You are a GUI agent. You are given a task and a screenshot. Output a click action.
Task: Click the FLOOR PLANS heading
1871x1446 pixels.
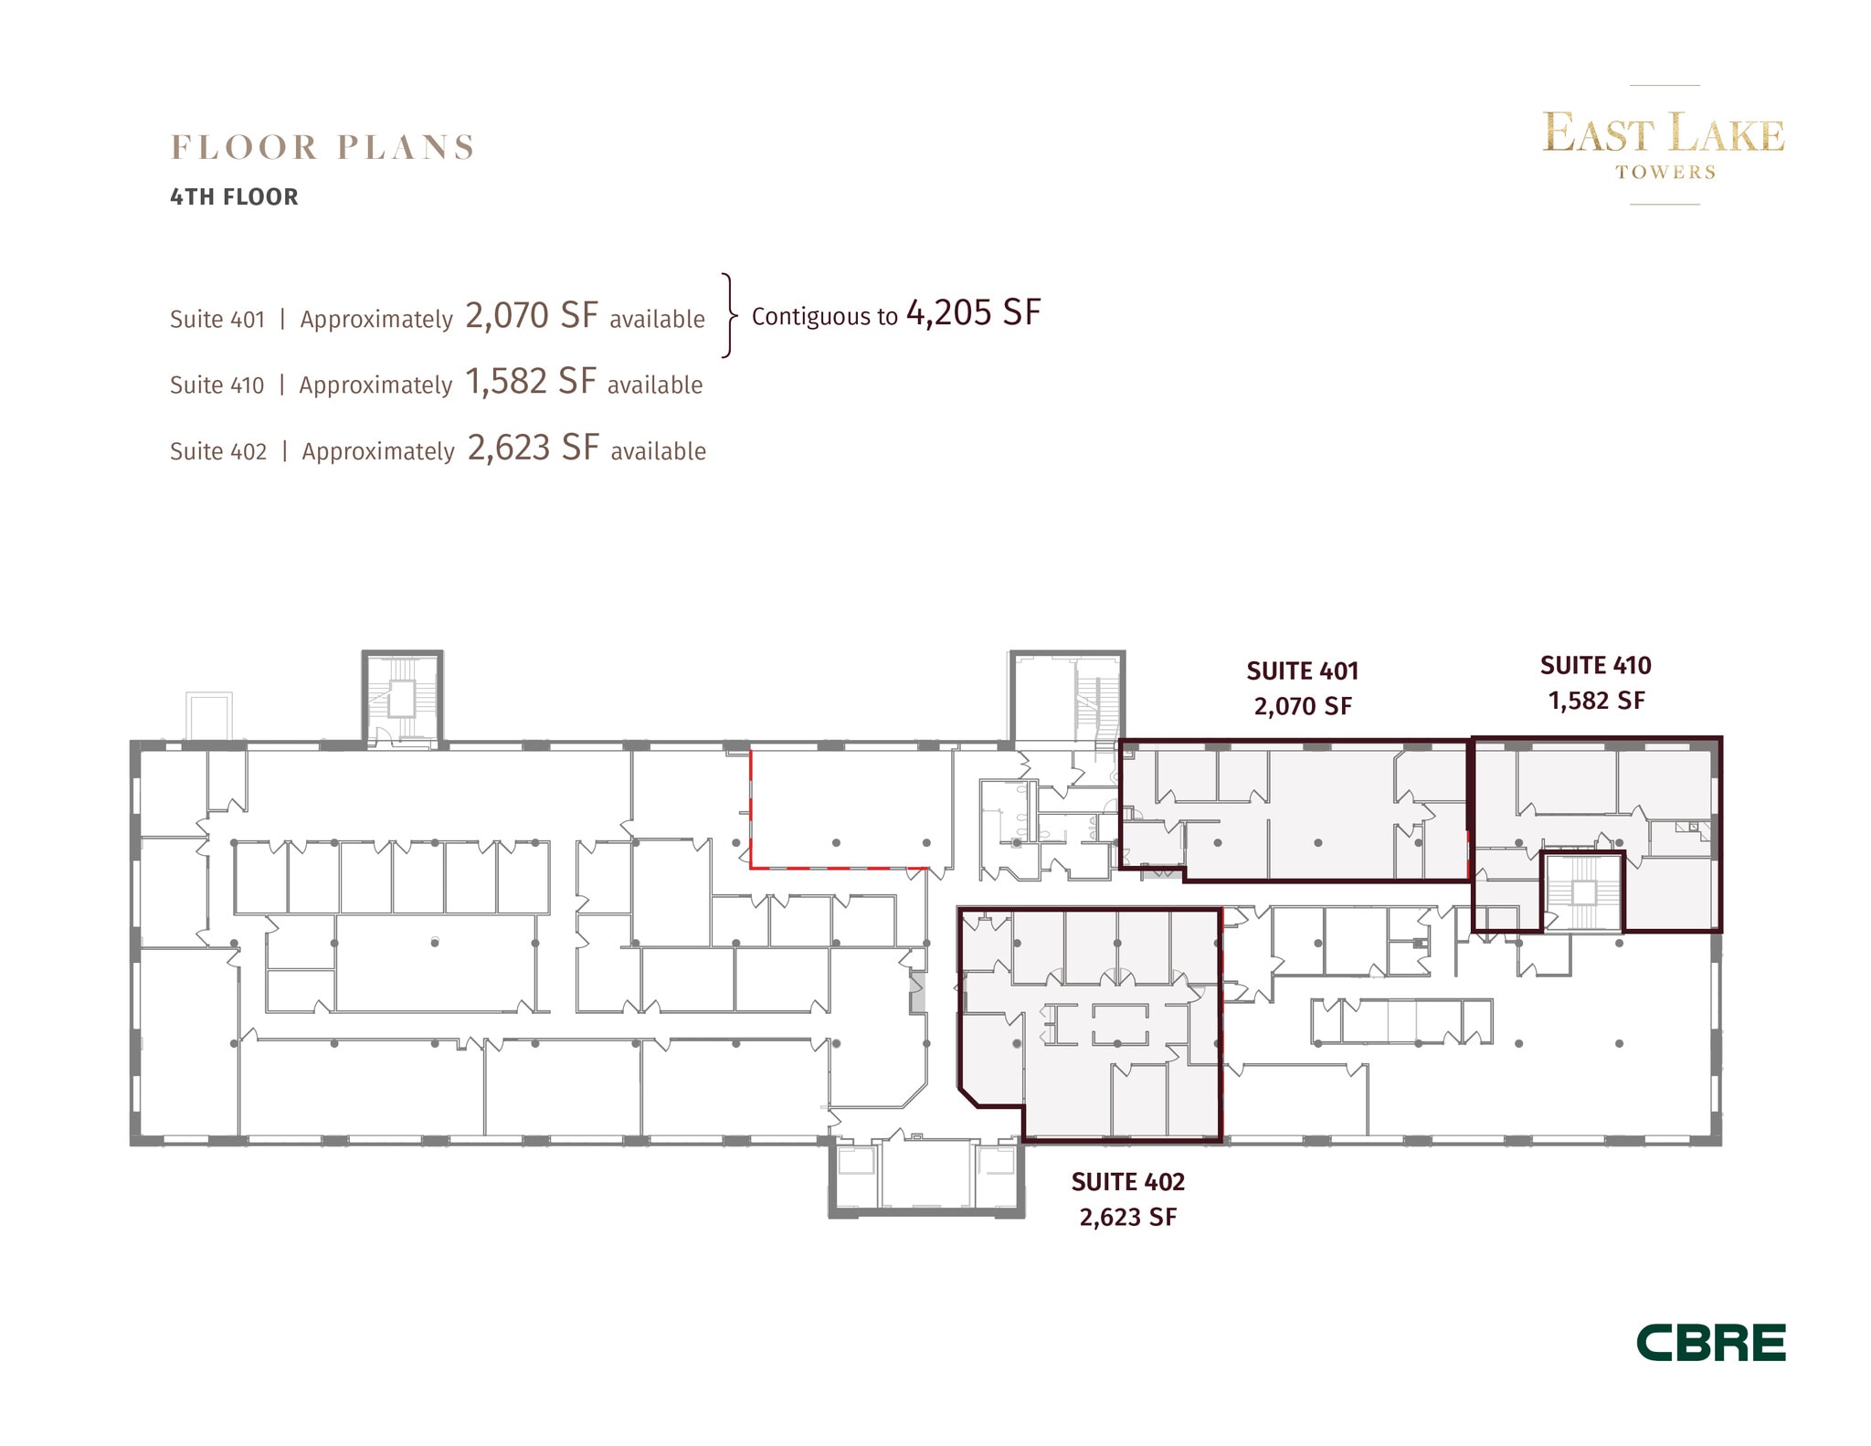pyautogui.click(x=322, y=147)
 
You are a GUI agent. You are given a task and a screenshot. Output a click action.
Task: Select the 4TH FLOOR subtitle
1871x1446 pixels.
pyautogui.click(x=234, y=197)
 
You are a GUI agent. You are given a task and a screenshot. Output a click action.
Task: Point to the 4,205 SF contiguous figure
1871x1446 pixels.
pyautogui.click(x=973, y=313)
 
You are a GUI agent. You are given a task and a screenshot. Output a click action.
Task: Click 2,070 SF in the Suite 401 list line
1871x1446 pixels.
pyautogui.click(x=532, y=315)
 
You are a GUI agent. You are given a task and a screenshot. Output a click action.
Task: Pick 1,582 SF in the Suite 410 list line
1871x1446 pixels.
pyautogui.click(x=531, y=382)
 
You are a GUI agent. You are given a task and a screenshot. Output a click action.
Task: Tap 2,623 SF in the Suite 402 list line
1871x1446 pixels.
pyautogui.click(x=534, y=448)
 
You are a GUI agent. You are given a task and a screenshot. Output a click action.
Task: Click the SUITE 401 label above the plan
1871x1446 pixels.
pyautogui.click(x=1303, y=671)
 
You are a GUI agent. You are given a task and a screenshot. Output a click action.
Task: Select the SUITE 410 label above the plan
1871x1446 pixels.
pyautogui.click(x=1596, y=665)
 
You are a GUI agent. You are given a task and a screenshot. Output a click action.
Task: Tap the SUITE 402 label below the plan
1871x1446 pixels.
pyautogui.click(x=1128, y=1182)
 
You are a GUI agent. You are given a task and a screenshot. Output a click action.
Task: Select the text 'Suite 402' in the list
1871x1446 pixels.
pyautogui.click(x=218, y=451)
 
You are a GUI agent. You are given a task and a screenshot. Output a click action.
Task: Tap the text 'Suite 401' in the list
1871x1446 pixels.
pyautogui.click(x=217, y=320)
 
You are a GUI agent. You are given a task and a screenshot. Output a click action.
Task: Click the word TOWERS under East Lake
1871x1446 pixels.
pyautogui.click(x=1665, y=172)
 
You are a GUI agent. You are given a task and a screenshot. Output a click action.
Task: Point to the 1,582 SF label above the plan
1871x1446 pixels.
pyautogui.click(x=1596, y=701)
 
